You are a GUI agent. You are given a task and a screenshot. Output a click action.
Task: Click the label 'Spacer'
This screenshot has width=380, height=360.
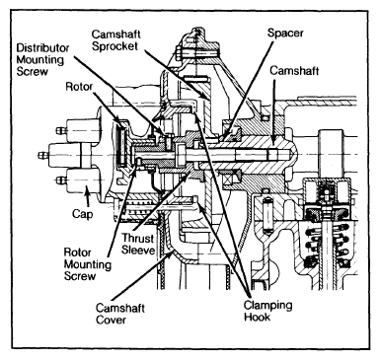click(285, 34)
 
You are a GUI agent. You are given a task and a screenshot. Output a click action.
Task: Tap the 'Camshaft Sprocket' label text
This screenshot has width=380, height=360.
click(115, 40)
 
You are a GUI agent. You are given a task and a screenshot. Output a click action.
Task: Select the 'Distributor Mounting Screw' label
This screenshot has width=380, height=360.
click(42, 59)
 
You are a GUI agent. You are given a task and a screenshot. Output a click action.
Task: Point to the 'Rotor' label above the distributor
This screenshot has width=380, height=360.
click(79, 87)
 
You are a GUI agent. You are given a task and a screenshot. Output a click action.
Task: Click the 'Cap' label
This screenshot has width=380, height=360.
click(82, 214)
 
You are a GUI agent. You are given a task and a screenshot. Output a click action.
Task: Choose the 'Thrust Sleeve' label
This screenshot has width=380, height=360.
click(138, 244)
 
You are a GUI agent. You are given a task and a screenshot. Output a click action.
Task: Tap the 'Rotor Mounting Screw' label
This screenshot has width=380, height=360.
click(88, 264)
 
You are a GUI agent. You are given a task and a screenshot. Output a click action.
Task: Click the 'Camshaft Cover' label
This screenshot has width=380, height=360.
click(119, 314)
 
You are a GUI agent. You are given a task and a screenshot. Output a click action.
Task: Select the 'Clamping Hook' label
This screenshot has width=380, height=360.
click(267, 311)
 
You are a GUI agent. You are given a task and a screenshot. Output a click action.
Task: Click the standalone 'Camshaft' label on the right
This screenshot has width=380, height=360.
click(294, 70)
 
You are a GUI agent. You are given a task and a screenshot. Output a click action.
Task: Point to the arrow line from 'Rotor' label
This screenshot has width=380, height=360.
click(106, 108)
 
